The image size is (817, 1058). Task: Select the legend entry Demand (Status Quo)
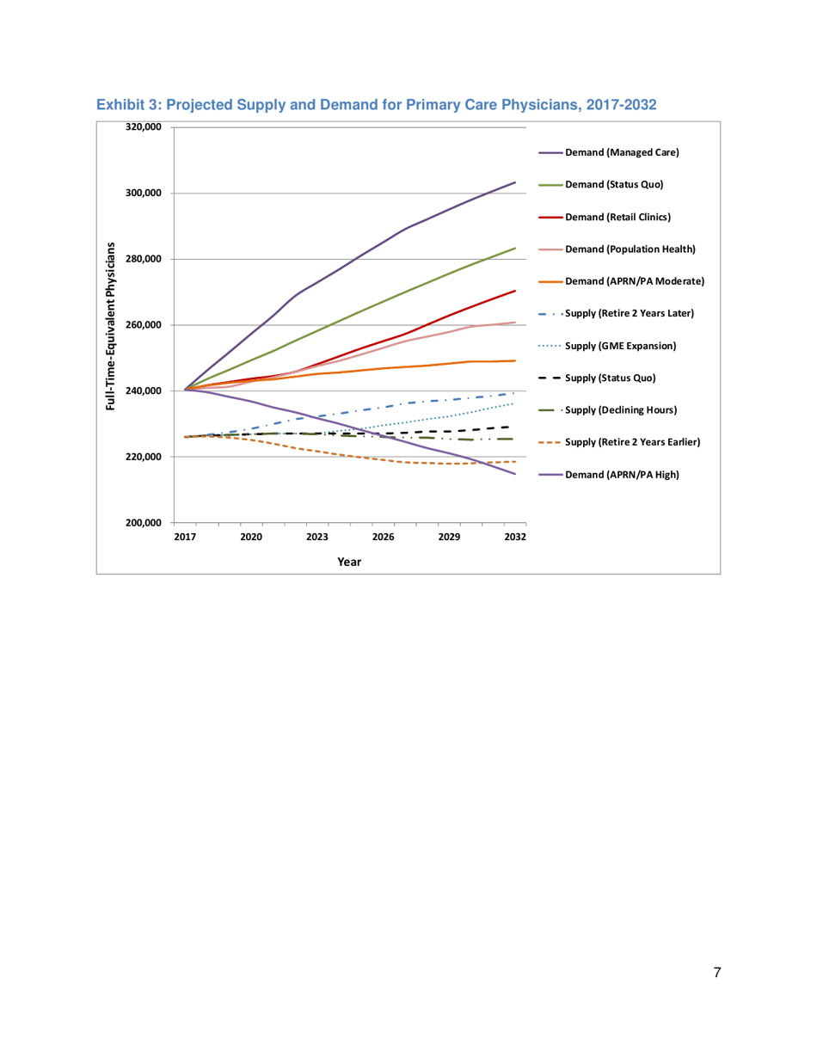pyautogui.click(x=616, y=184)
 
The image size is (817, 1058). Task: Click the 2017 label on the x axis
pyautogui.click(x=185, y=537)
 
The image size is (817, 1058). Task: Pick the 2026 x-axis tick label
pyautogui.click(x=384, y=537)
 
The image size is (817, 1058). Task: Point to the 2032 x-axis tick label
pyautogui.click(x=515, y=537)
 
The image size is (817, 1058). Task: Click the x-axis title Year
pyautogui.click(x=349, y=562)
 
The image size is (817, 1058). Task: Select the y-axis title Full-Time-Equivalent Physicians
pyautogui.click(x=111, y=325)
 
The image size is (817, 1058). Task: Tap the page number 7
pyautogui.click(x=716, y=973)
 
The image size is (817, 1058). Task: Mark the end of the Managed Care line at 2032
pyautogui.click(x=515, y=182)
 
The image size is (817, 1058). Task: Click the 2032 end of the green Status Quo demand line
pyautogui.click(x=515, y=248)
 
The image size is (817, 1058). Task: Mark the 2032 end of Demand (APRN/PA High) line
pyautogui.click(x=515, y=473)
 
